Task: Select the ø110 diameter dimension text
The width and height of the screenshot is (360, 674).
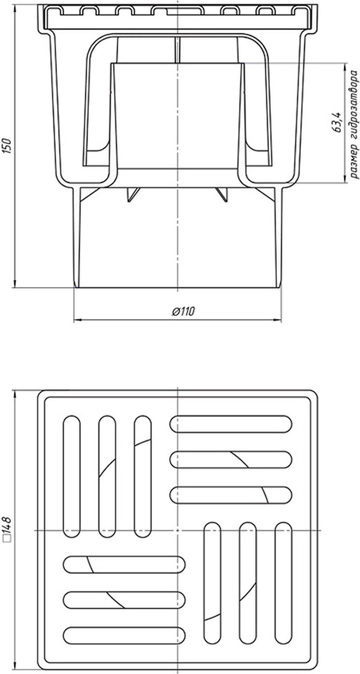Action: (x=183, y=311)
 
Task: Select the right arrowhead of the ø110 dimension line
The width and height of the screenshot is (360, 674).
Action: (x=277, y=320)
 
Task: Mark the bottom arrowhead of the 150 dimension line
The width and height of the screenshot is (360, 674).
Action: (x=15, y=283)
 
